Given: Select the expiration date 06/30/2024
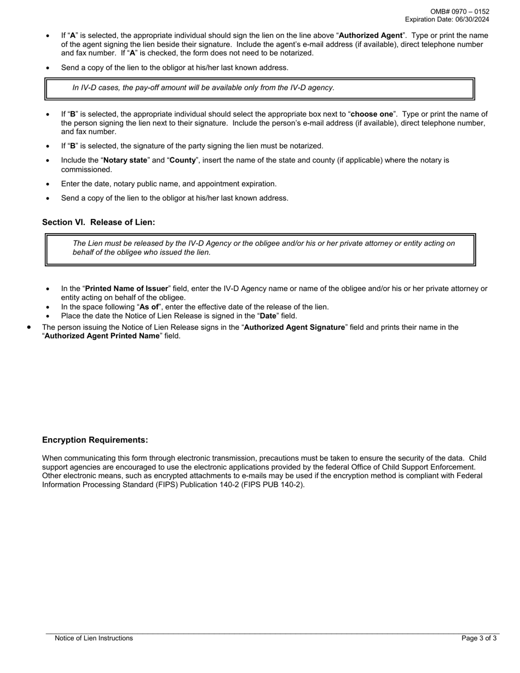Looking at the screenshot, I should pyautogui.click(x=470, y=20).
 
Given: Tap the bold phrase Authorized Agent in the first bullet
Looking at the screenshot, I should pyautogui.click(x=371, y=36).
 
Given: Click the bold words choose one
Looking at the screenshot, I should pyautogui.click(x=372, y=114).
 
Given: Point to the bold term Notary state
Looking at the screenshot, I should pyautogui.click(x=125, y=160).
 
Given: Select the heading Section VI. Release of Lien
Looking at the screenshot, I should pyautogui.click(x=99, y=222).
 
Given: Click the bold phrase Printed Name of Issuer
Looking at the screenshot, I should pyautogui.click(x=126, y=289).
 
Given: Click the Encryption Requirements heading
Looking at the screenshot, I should pyautogui.click(x=95, y=440).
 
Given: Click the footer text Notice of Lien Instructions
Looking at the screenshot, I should pyautogui.click(x=94, y=638).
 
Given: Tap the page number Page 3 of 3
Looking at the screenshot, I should pyautogui.click(x=479, y=638).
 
